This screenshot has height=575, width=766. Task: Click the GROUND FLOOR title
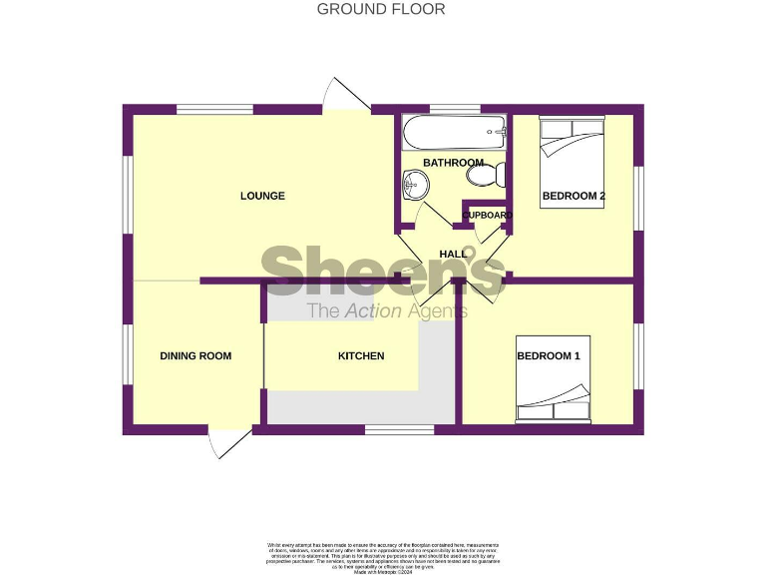(x=381, y=9)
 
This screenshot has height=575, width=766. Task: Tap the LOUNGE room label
(x=262, y=196)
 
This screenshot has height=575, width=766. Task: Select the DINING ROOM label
(x=195, y=355)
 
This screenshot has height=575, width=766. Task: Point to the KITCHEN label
(x=361, y=355)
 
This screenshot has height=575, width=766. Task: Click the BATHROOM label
(x=453, y=163)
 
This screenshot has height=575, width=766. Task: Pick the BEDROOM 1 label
(x=548, y=355)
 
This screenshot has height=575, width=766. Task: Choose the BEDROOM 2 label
(x=574, y=196)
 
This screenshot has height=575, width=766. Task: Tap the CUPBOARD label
(x=487, y=215)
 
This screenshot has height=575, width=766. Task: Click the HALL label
(x=453, y=254)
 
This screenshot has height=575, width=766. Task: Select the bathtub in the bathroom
(x=454, y=131)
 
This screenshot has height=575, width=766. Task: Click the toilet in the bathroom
(x=487, y=177)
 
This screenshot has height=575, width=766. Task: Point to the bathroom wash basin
(x=415, y=185)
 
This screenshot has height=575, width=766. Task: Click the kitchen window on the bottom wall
(x=399, y=430)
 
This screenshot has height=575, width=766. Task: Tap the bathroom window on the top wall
(x=454, y=108)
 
